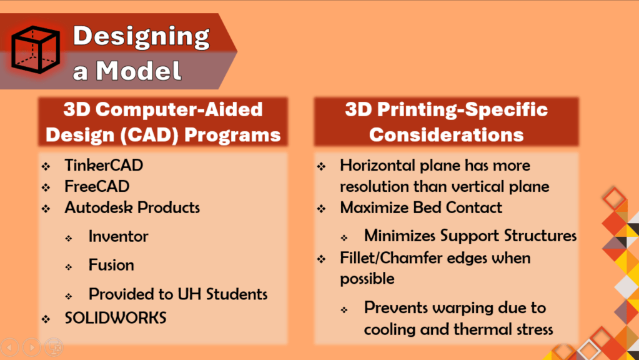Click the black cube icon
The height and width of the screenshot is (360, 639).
pos(36,49)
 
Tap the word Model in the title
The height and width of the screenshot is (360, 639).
pos(139,71)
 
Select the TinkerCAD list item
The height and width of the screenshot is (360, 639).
pos(104,165)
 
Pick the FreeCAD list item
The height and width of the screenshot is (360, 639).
pos(97,186)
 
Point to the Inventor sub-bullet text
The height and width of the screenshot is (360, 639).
pos(119,236)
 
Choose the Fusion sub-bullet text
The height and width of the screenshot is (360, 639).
pos(111,265)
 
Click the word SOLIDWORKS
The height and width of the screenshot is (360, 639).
pos(116,318)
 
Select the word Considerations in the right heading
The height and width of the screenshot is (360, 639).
pos(446,135)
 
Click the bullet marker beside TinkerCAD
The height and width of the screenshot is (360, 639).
pos(46,166)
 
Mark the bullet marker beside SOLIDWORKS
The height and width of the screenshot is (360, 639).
pos(46,319)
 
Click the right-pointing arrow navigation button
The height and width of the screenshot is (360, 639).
pos(32,347)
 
